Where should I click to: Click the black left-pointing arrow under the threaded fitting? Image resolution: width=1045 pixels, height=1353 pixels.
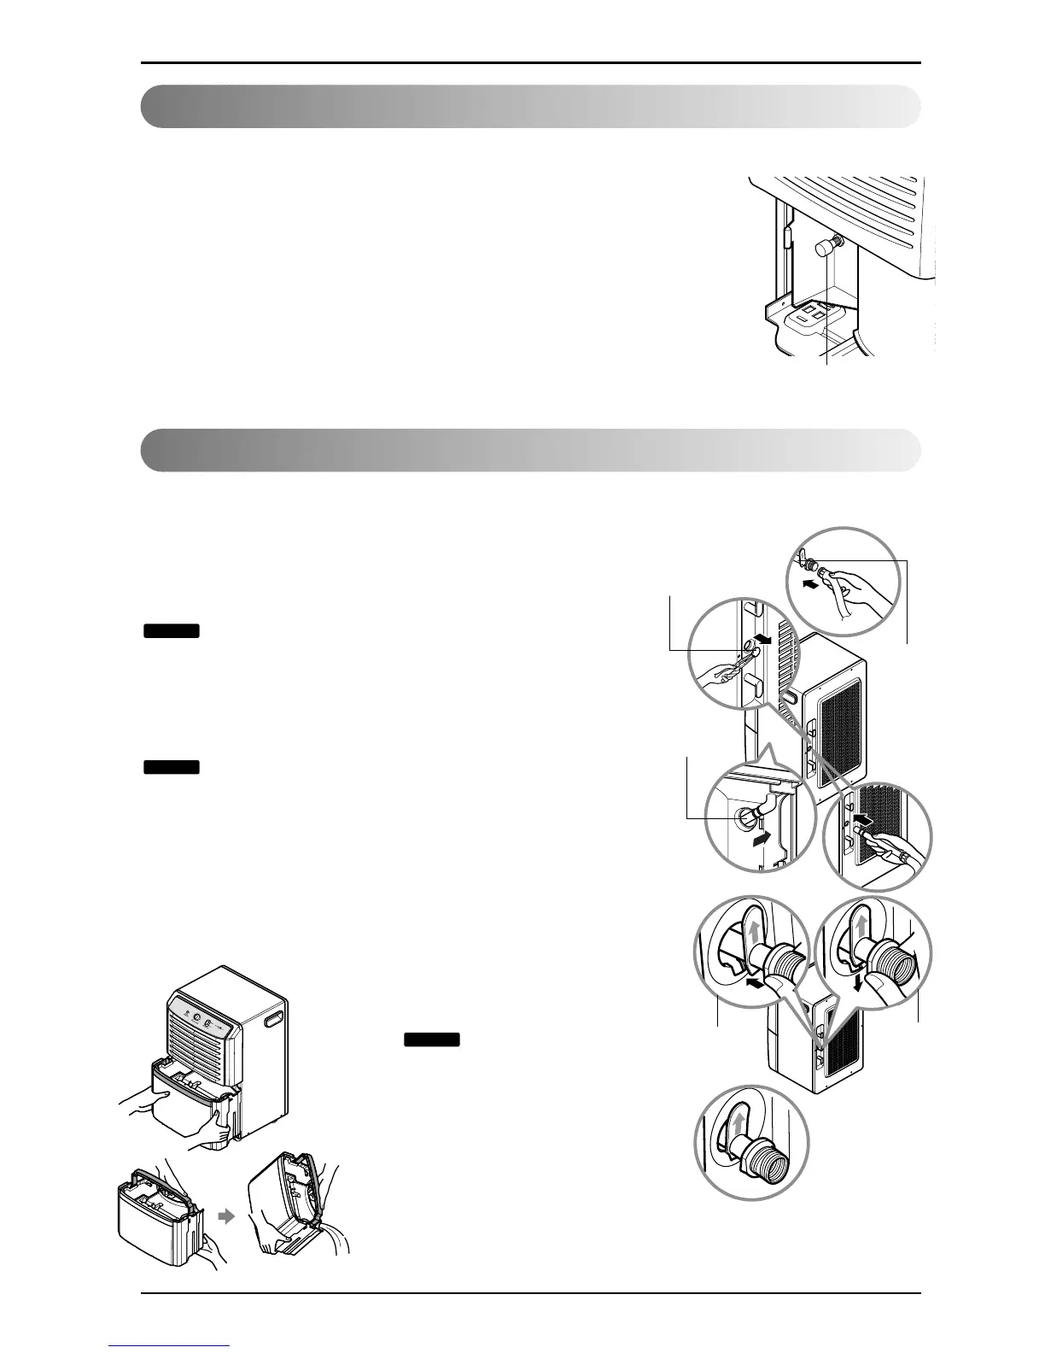click(753, 985)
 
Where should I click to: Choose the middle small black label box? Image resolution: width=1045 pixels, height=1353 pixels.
click(171, 767)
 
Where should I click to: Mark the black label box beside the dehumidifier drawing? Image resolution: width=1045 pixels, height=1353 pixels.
click(432, 1040)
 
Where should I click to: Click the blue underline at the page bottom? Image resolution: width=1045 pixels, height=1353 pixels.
click(171, 1346)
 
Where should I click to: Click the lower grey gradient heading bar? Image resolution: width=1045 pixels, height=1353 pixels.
click(529, 450)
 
